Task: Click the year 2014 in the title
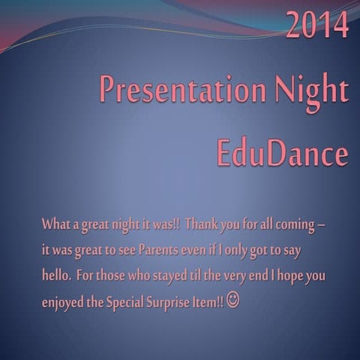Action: [317, 25]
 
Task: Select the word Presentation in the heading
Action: [179, 91]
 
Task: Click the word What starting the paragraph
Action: [55, 224]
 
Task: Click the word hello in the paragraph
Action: [55, 275]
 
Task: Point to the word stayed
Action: [175, 275]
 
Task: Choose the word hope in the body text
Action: [288, 275]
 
